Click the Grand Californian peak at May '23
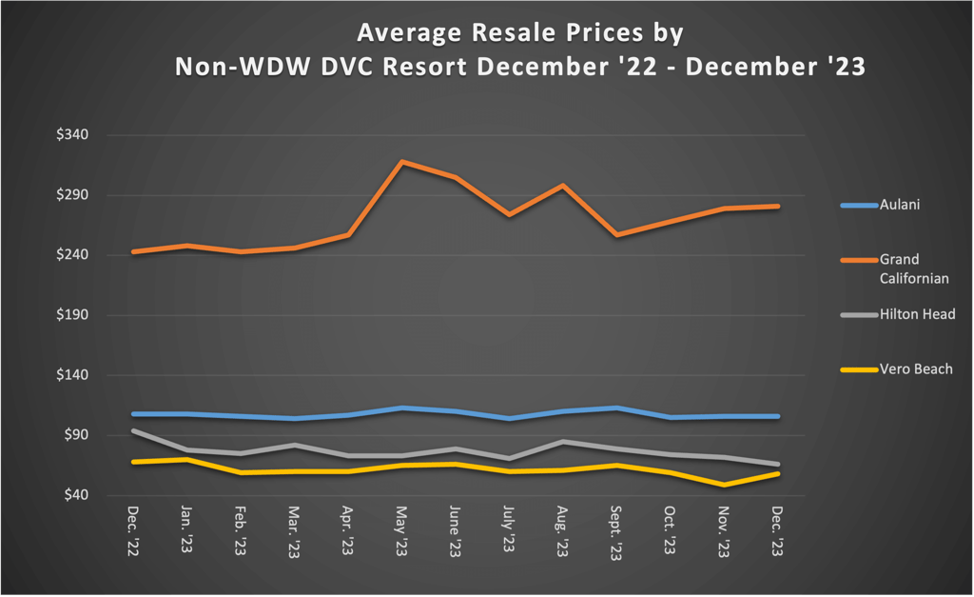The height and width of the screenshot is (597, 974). tap(402, 162)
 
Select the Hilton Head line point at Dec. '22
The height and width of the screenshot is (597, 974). tap(133, 430)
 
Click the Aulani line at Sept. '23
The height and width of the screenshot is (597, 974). tap(617, 408)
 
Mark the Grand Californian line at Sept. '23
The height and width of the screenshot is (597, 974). tap(617, 234)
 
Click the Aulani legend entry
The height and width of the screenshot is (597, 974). tap(899, 205)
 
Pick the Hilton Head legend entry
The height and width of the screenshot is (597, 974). tap(916, 314)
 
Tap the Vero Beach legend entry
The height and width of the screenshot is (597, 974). tap(915, 368)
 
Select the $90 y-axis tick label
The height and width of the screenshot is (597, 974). tap(77, 435)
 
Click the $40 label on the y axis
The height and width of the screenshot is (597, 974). tap(77, 495)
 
